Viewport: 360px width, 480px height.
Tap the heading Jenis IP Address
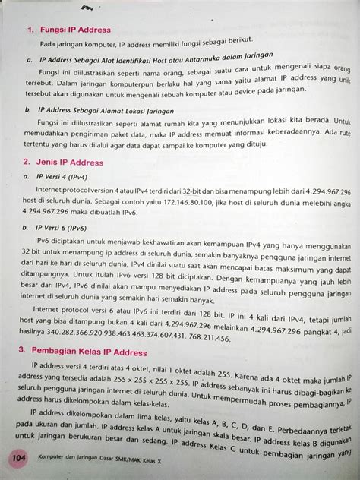(71, 162)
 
